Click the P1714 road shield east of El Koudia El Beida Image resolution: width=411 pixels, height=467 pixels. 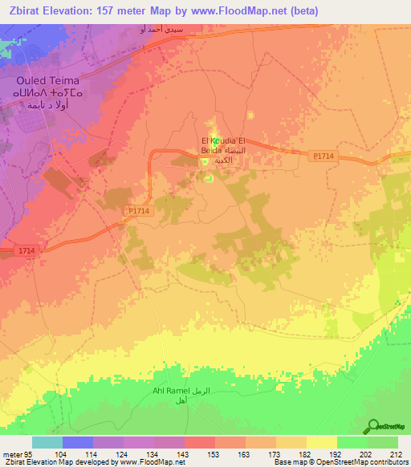click(x=323, y=156)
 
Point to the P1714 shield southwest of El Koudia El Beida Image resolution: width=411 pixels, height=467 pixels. click(x=139, y=210)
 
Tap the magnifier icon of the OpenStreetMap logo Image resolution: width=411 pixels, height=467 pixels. click(x=374, y=425)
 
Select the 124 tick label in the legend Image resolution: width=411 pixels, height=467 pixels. click(x=123, y=453)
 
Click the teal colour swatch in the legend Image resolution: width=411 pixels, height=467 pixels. click(x=47, y=442)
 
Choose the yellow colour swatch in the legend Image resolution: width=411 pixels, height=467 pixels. click(x=321, y=442)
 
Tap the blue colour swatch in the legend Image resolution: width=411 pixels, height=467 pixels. click(x=77, y=442)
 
